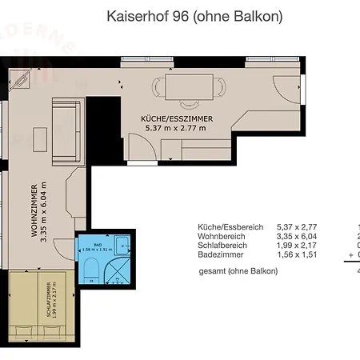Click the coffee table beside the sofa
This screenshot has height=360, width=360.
[x=39, y=137]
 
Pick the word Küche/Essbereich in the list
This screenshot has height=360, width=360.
[x=230, y=227]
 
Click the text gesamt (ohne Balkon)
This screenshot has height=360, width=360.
[x=238, y=271]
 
